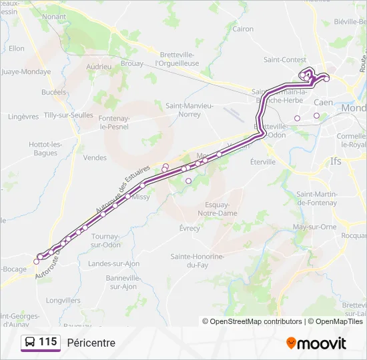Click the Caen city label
(323, 103)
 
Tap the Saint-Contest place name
(285, 59)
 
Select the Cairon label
(243, 29)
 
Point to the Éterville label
(262, 161)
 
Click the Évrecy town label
(190, 228)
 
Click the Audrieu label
(99, 67)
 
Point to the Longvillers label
(63, 300)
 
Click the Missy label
(141, 197)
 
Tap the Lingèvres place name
(23, 116)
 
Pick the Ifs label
(336, 161)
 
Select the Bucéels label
(54, 92)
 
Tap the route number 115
(48, 342)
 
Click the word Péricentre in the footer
(91, 343)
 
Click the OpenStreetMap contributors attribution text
(256, 321)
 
